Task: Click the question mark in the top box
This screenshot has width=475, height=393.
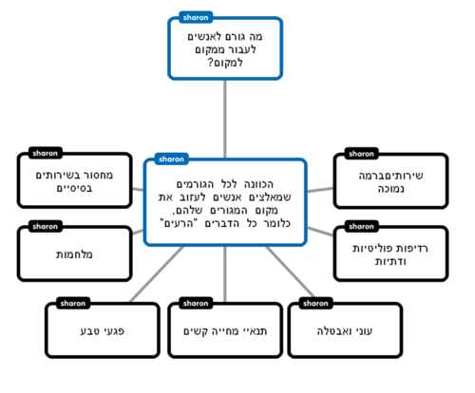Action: (x=209, y=63)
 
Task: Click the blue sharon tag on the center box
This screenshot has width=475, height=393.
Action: (x=170, y=159)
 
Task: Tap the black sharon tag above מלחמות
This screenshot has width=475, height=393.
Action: (x=44, y=227)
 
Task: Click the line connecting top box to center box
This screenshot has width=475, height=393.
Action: (x=225, y=119)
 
